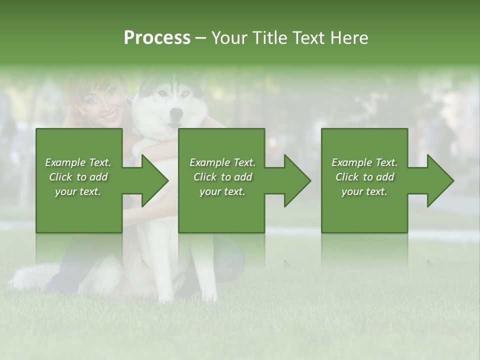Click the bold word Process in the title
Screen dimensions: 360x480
(157, 38)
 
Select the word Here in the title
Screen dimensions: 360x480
(350, 38)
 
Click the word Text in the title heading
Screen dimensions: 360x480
(308, 38)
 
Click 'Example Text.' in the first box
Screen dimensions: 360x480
(78, 162)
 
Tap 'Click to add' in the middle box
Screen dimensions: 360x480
(222, 177)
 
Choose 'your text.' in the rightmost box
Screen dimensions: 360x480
(364, 191)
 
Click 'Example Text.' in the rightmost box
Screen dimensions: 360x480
(364, 162)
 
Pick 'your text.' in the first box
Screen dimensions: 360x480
(78, 191)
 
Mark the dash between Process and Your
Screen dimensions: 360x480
(201, 38)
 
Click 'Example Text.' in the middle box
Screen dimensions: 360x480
(222, 162)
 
